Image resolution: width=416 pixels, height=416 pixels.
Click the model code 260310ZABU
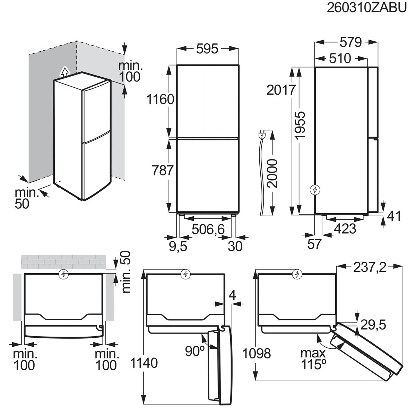click(x=366, y=8)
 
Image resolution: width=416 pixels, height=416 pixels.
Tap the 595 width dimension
click(x=207, y=49)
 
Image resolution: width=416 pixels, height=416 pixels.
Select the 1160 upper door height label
click(x=160, y=99)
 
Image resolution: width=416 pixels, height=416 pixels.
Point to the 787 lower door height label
click(x=163, y=171)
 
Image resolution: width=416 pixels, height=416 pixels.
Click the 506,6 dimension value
click(x=208, y=229)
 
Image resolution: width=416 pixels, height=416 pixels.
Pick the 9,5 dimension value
click(x=178, y=246)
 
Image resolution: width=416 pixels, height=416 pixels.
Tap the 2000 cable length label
click(x=272, y=173)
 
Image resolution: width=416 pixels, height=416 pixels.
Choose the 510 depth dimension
click(x=340, y=58)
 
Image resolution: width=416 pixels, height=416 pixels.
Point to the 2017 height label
click(x=281, y=90)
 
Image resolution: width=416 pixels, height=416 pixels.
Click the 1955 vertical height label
click(x=301, y=125)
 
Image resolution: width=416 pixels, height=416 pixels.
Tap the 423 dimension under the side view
click(x=345, y=228)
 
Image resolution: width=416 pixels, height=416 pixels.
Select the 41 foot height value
click(x=394, y=216)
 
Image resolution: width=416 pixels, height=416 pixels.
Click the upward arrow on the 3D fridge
click(x=64, y=72)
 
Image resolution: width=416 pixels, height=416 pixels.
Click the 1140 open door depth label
click(x=144, y=363)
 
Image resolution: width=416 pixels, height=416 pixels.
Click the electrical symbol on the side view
click(x=315, y=190)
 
